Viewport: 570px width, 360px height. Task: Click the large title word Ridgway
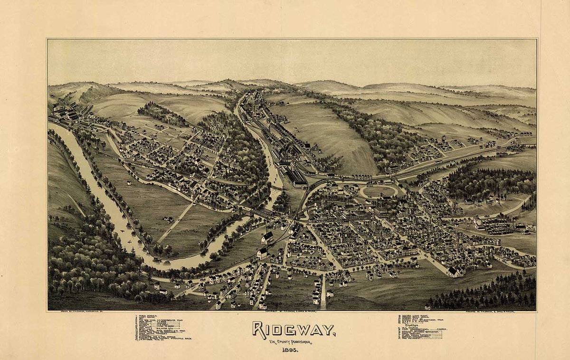coord(293,329)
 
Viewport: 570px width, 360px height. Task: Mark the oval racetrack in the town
coord(379,191)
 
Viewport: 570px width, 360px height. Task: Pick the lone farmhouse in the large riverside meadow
coord(168,219)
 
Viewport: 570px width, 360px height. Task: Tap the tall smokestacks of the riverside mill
coord(285,152)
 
